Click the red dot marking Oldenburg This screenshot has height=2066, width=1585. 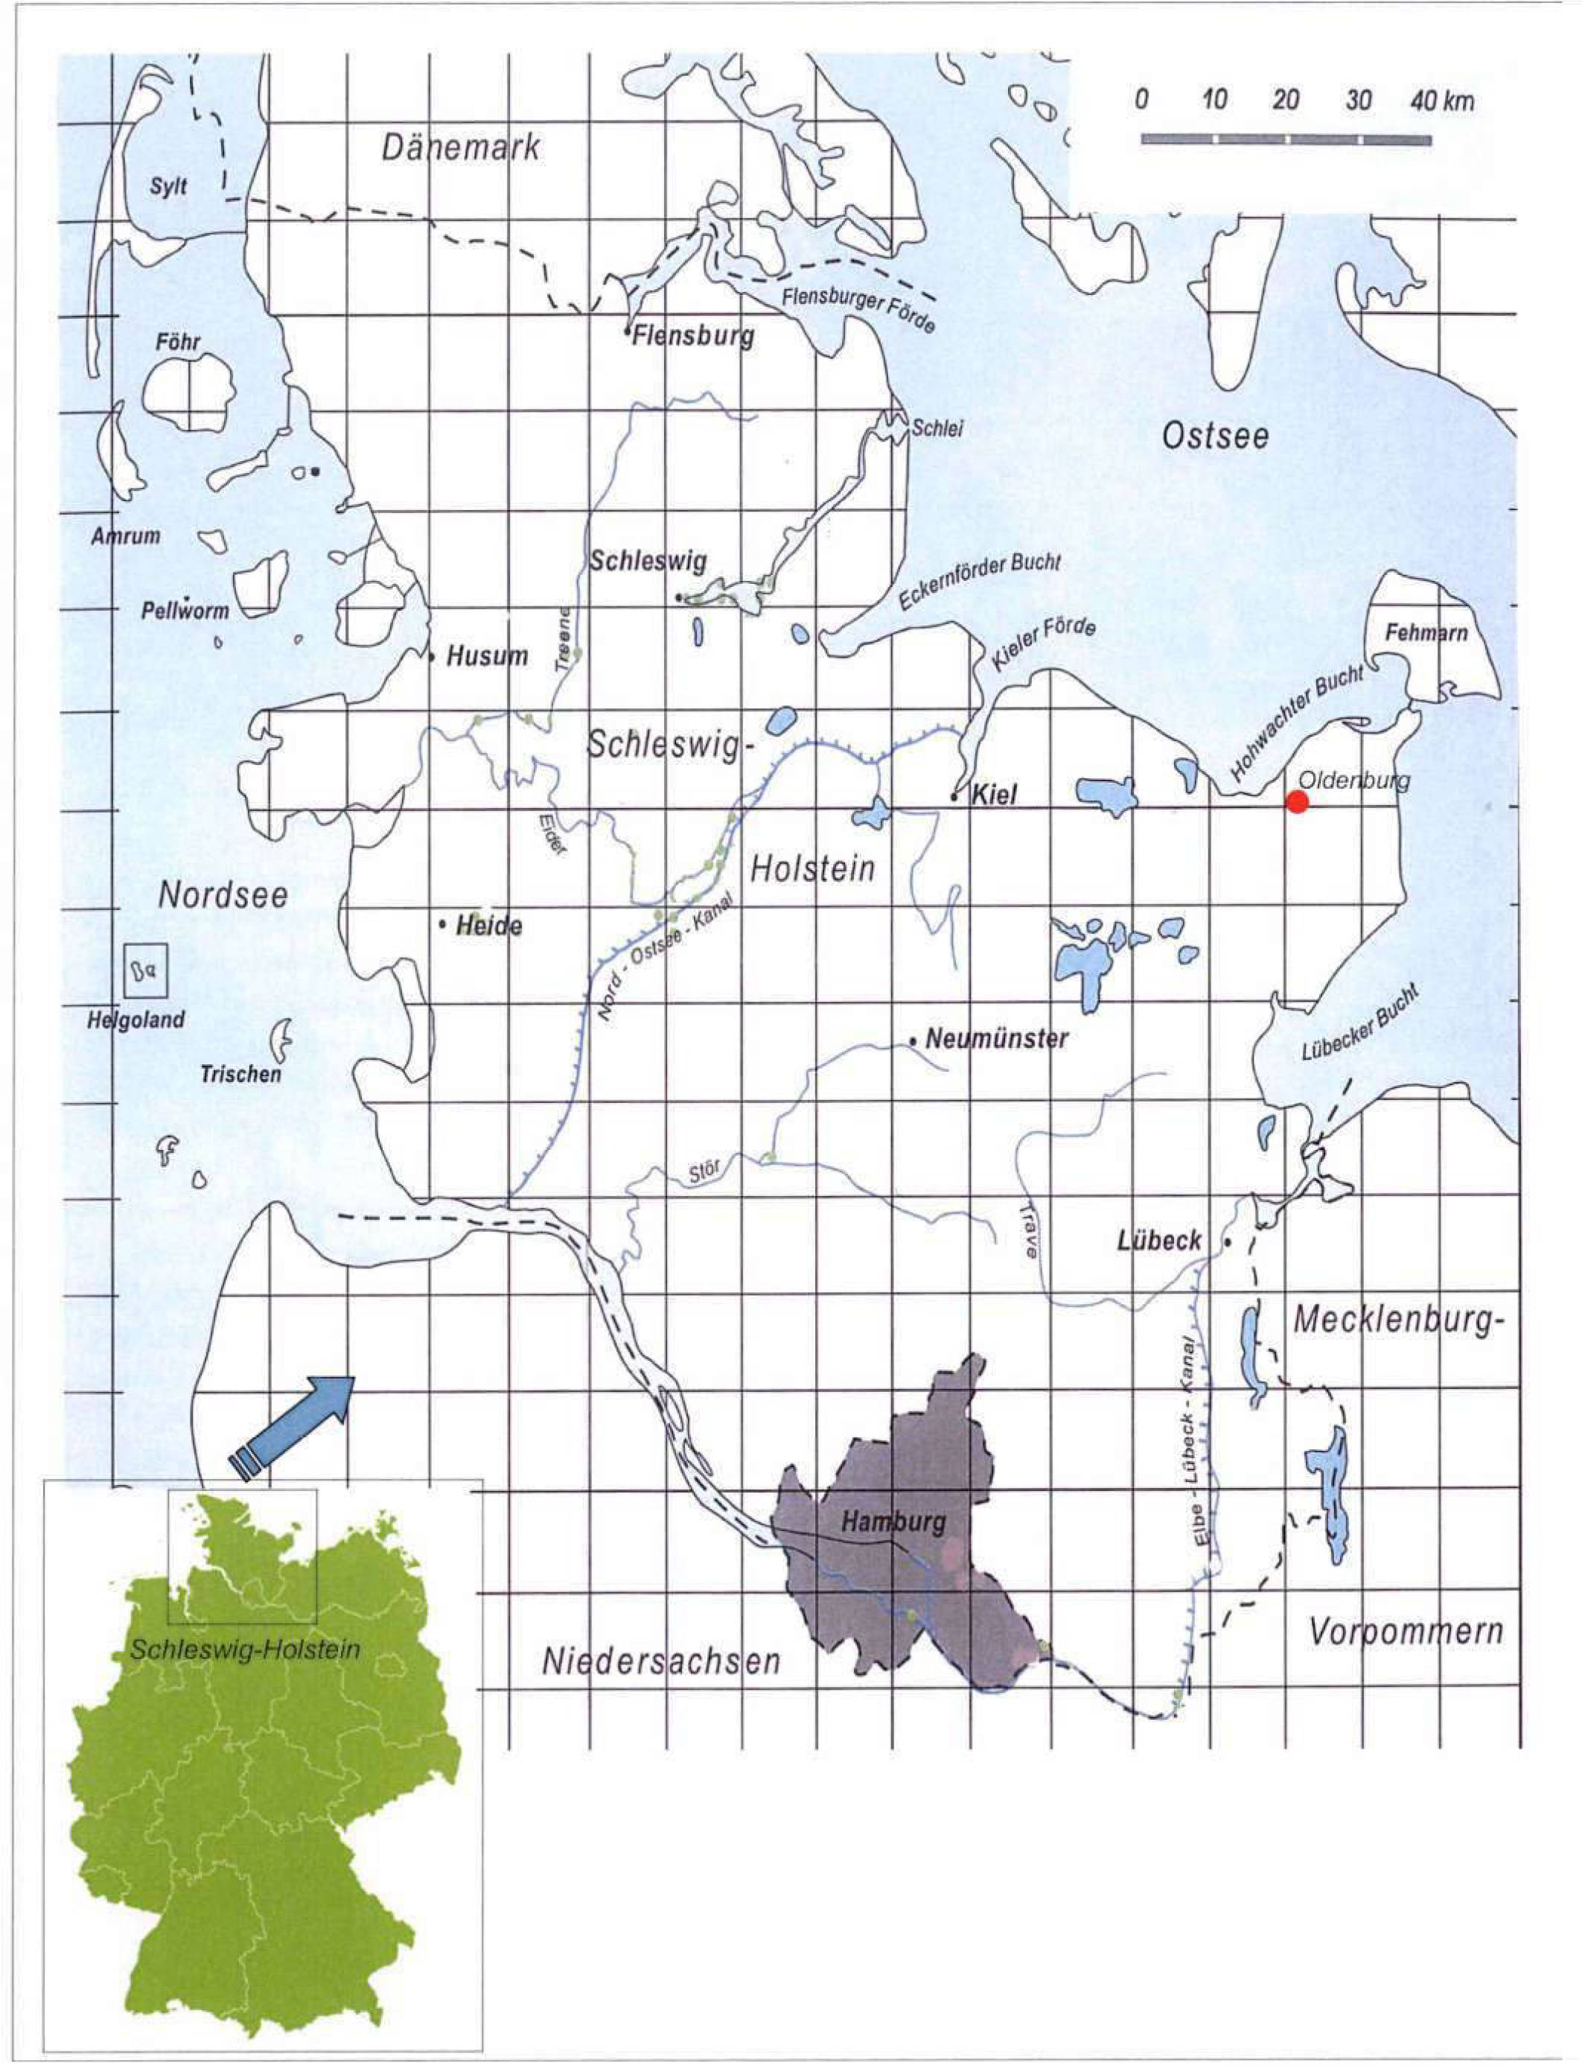[1298, 801]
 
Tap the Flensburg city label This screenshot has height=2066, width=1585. [693, 335]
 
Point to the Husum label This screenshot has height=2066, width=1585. [486, 656]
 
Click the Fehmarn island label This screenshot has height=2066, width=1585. [1426, 632]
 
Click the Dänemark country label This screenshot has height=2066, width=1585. [462, 147]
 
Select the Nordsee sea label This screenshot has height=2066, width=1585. [223, 894]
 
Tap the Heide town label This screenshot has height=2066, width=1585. [488, 926]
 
